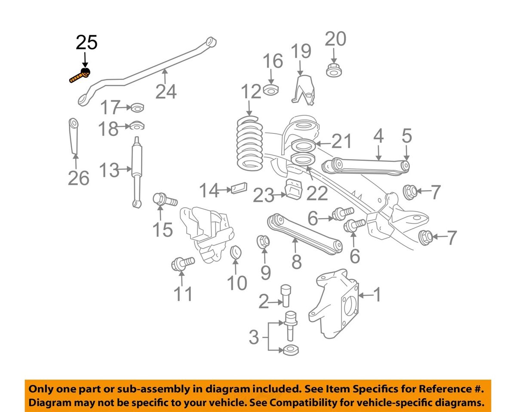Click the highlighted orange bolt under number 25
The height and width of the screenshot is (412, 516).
click(80, 77)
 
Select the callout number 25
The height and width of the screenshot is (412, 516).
click(86, 43)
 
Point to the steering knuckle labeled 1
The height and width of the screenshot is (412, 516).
click(335, 305)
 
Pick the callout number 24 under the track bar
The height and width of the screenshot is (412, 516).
click(166, 91)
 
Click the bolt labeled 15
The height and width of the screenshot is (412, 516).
click(165, 200)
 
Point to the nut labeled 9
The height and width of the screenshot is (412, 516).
click(263, 242)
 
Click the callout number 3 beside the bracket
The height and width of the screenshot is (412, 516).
click(254, 338)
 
